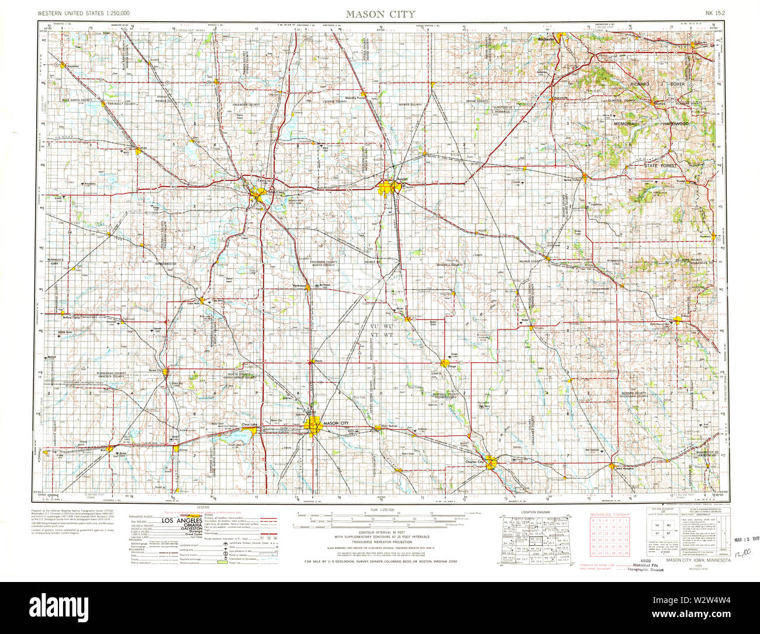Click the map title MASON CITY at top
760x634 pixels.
pyautogui.click(x=379, y=13)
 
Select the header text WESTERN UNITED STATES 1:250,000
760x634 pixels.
pyautogui.click(x=84, y=13)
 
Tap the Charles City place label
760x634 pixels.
pyautogui.click(x=475, y=462)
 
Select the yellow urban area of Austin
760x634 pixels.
pyautogui.click(x=388, y=188)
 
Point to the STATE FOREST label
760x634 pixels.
pyautogui.click(x=659, y=166)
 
